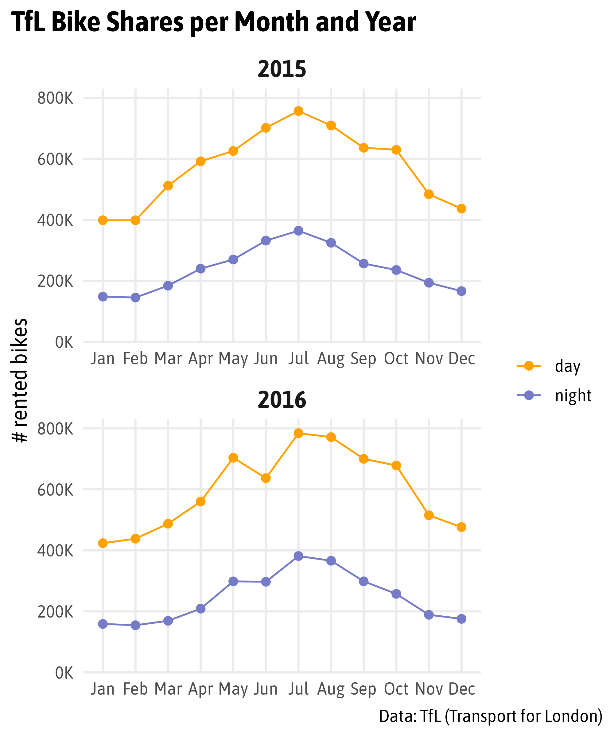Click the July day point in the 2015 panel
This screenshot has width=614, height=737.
(x=298, y=111)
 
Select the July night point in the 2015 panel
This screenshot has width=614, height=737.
(x=298, y=231)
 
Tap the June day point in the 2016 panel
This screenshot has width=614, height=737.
(x=266, y=478)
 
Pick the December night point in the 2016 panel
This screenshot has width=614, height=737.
(x=461, y=619)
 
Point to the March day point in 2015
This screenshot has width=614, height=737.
(x=168, y=186)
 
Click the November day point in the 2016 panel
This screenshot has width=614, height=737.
(x=429, y=515)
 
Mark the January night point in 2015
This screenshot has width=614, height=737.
(x=103, y=297)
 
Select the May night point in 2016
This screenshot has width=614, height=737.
(x=233, y=582)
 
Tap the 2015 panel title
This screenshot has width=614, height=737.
(x=282, y=69)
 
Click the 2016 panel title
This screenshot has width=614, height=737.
(x=282, y=400)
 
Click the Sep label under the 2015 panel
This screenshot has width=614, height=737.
(x=363, y=359)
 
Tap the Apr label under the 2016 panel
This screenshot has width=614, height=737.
(x=201, y=690)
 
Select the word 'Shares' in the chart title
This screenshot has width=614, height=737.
(x=145, y=22)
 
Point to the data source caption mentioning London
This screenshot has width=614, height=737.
(x=491, y=716)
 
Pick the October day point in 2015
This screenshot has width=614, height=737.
(x=396, y=150)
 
